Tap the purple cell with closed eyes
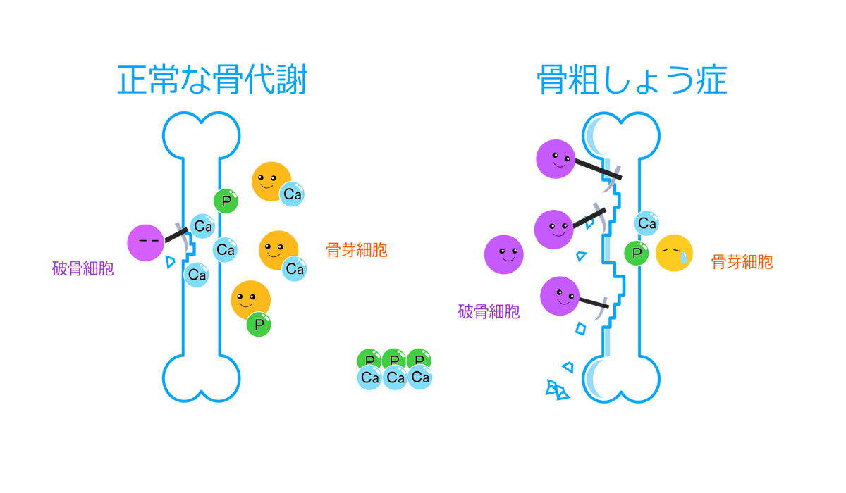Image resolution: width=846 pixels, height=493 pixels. pyautogui.click(x=147, y=242)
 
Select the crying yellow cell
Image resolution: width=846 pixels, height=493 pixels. pyautogui.click(x=674, y=253)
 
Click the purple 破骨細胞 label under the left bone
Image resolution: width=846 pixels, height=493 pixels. pyautogui.click(x=82, y=269)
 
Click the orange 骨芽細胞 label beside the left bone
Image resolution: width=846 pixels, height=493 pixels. pyautogui.click(x=356, y=250)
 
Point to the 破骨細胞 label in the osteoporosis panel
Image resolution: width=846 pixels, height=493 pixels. pyautogui.click(x=489, y=311)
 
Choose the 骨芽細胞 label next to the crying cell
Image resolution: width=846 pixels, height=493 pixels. pyautogui.click(x=742, y=262)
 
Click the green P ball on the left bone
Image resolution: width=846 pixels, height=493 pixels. pyautogui.click(x=226, y=201)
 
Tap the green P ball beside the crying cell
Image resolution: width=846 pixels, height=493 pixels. pyautogui.click(x=637, y=253)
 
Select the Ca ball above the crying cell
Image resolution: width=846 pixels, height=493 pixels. pyautogui.click(x=646, y=223)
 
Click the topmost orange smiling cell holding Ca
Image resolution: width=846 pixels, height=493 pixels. pyautogui.click(x=270, y=181)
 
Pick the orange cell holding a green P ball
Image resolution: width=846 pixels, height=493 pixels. pyautogui.click(x=250, y=300)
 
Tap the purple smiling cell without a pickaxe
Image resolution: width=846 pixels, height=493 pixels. pyautogui.click(x=503, y=254)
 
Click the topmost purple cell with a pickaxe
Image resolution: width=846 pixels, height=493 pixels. pyautogui.click(x=556, y=158)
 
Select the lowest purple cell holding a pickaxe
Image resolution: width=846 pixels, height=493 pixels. pyautogui.click(x=560, y=296)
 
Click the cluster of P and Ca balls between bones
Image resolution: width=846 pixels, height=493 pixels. pyautogui.click(x=394, y=369)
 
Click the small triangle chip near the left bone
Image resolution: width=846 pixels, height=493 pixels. pyautogui.click(x=169, y=263)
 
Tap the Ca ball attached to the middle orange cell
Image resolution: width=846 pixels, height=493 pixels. pyautogui.click(x=294, y=268)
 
